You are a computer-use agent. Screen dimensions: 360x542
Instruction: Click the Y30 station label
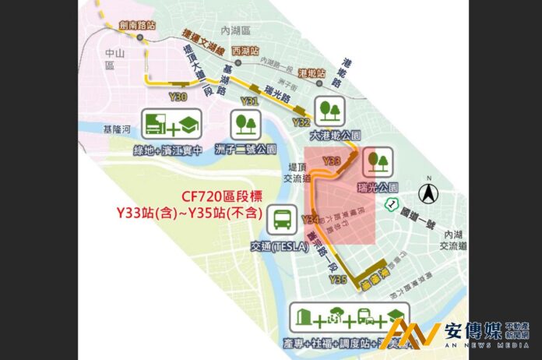tap(177, 97)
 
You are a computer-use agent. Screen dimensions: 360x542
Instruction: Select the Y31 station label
tap(249, 102)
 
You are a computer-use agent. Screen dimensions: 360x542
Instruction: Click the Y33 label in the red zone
tap(332, 161)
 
